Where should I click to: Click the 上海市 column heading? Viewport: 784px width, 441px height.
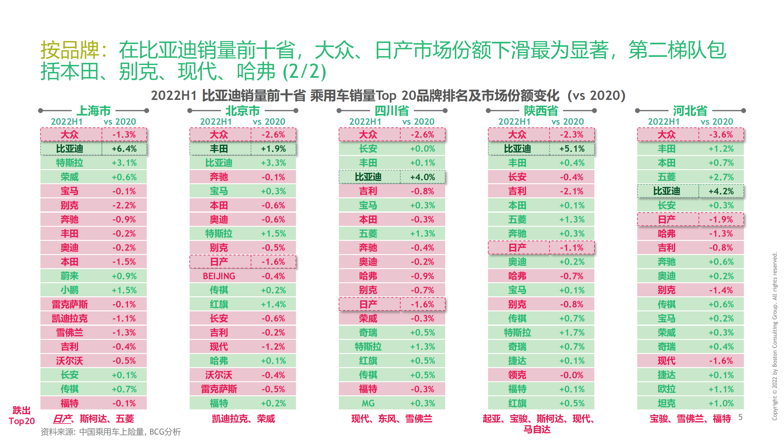tap(93, 111)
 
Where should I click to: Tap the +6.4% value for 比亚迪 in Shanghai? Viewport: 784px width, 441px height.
tap(124, 149)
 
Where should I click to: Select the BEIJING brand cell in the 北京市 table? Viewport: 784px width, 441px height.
tap(219, 276)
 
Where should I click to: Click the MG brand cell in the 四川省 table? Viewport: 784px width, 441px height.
tap(368, 403)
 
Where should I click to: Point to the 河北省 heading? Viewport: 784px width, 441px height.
tap(690, 111)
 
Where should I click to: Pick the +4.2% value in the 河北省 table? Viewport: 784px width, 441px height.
tap(721, 191)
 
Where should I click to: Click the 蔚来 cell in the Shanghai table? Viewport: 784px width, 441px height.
tap(70, 276)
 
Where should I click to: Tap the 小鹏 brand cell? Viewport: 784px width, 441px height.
tap(70, 290)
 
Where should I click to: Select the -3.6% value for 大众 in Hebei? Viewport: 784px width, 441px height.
tap(721, 135)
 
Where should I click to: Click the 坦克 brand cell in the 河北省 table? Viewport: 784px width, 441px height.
tap(666, 403)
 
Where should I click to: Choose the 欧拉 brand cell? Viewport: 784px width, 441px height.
tap(666, 389)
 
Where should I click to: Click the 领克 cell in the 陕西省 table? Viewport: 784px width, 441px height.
tap(517, 375)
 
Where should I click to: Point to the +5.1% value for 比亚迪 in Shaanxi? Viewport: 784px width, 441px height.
tap(572, 149)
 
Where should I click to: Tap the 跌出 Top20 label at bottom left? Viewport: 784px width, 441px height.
tap(21, 416)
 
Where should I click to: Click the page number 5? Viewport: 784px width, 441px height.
tap(740, 417)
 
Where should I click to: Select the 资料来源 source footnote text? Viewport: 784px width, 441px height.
tap(111, 432)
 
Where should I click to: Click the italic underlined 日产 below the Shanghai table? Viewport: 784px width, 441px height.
tap(62, 418)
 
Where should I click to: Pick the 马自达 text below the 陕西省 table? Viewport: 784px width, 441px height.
tap(537, 429)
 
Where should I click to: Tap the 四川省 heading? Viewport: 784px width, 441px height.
tap(392, 111)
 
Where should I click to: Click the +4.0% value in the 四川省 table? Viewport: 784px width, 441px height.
tap(422, 177)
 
